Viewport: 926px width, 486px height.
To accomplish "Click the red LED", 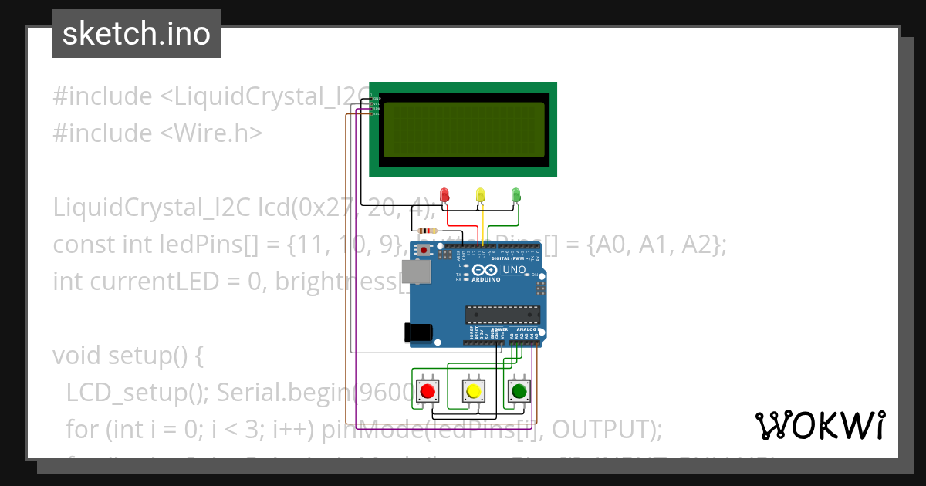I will (x=444, y=195).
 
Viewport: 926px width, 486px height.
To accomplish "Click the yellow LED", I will (x=480, y=195).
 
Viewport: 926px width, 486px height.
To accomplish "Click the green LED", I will (x=516, y=195).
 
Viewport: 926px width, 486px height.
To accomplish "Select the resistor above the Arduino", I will (x=425, y=231).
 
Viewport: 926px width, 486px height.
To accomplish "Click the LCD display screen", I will (x=463, y=130).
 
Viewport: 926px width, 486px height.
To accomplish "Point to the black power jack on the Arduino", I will (x=417, y=332).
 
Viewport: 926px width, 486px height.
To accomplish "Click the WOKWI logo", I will (x=820, y=425).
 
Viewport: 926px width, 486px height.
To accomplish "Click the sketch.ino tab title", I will (x=137, y=34).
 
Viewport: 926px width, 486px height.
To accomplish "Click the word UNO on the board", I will (x=514, y=270).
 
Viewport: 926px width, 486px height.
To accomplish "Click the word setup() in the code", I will (x=150, y=356).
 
